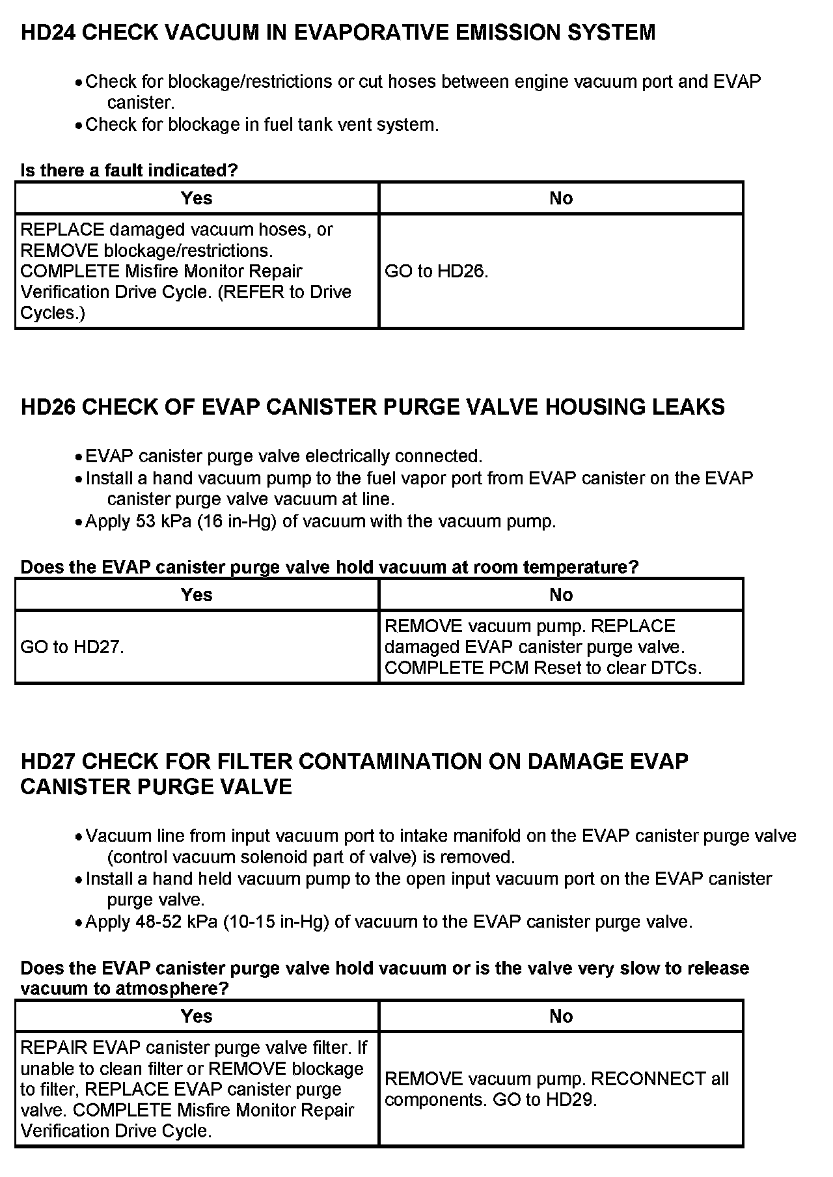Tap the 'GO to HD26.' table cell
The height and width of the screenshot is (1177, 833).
437,271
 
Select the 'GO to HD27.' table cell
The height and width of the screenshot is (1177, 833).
72,647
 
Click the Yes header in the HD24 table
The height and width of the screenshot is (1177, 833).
197,199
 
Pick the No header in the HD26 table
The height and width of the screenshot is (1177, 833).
561,595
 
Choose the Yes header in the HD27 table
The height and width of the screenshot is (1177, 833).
197,1016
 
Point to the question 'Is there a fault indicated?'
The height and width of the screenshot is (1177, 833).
129,171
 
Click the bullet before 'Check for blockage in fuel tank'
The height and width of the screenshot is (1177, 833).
78,126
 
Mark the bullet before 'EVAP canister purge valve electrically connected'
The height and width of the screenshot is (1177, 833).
78,457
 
